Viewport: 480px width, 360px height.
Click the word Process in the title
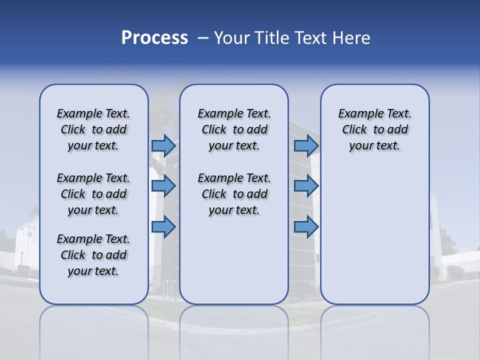coord(154,38)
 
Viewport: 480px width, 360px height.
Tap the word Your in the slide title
coord(232,38)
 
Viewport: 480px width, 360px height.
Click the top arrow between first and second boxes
coord(163,145)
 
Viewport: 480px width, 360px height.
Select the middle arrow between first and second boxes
coord(163,186)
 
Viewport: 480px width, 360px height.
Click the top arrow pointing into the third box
coord(306,145)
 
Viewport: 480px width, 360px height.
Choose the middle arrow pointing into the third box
coord(306,186)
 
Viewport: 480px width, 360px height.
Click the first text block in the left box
coord(93,129)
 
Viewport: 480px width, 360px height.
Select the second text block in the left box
coord(93,194)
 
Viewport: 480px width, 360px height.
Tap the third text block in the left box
coord(93,255)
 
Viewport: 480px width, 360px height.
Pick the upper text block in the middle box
coord(234,129)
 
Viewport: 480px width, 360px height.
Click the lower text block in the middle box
coord(234,194)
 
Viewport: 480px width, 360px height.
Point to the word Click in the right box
coord(354,130)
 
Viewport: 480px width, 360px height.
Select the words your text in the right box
coord(374,146)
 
